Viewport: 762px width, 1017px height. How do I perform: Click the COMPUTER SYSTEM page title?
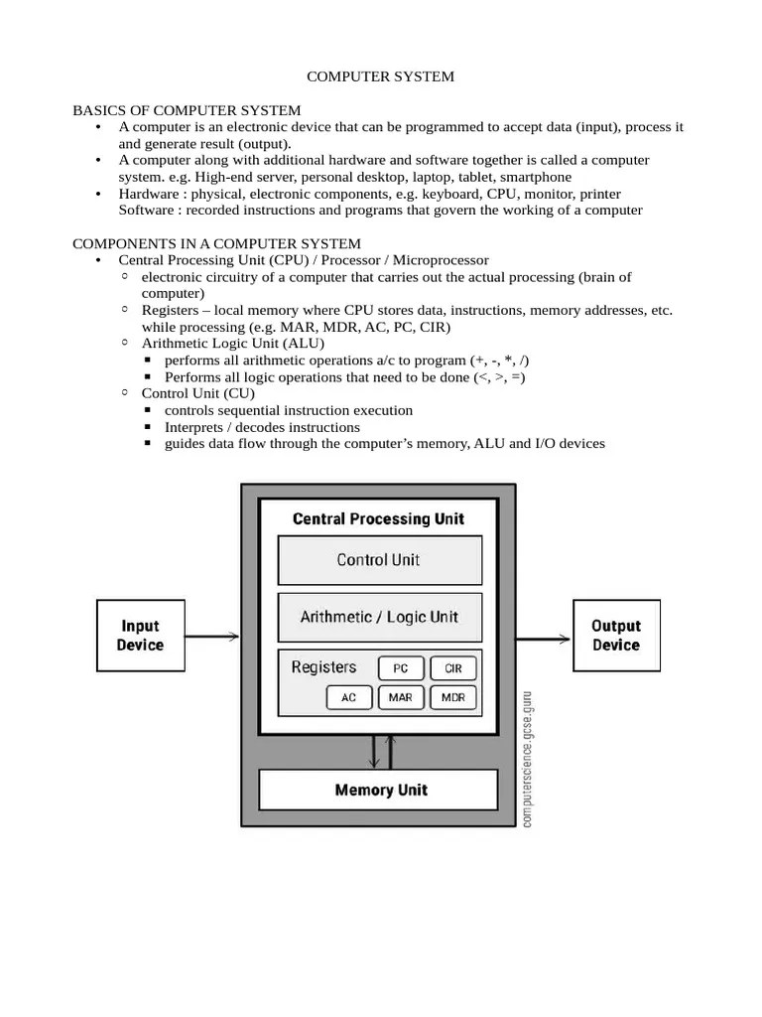click(380, 76)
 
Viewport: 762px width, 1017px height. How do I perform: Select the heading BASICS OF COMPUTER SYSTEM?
click(187, 110)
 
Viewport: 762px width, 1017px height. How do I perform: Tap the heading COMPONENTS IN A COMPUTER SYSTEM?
click(217, 243)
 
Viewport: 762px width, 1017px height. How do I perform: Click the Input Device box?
click(139, 636)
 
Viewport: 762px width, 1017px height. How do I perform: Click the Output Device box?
click(615, 636)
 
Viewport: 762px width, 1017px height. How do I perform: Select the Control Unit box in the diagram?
click(378, 560)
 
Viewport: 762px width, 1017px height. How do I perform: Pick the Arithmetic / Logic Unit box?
click(378, 617)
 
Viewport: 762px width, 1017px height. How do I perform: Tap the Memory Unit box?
click(378, 791)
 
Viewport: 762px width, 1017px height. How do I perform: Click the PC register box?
click(401, 668)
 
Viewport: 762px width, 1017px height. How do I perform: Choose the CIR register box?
click(453, 668)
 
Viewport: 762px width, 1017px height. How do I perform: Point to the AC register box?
click(348, 697)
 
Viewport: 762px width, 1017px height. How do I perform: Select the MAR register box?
click(401, 697)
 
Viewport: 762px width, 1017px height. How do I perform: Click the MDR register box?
click(453, 697)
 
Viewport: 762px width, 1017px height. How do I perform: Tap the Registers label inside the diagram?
click(323, 667)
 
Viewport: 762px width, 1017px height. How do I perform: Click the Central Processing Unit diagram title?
click(378, 518)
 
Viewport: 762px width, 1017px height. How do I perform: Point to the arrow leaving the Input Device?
click(211, 637)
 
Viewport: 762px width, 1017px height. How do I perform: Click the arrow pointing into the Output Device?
click(544, 637)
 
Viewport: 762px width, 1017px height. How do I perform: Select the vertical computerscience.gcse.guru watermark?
click(526, 757)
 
